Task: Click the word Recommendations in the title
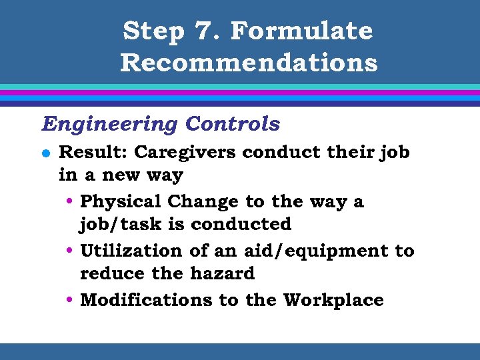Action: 249,63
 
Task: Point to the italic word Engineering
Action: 110,124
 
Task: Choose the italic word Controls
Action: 233,124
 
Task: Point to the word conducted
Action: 241,225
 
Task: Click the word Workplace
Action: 333,300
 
